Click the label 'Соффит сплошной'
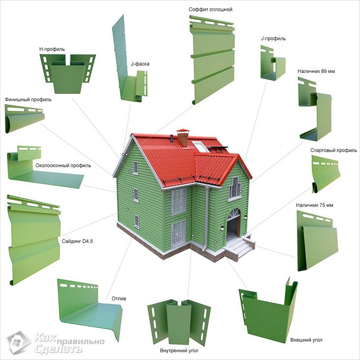[x=210, y=9]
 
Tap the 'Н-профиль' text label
[x=52, y=49]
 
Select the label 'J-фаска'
[x=140, y=64]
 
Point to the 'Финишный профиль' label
[x=28, y=100]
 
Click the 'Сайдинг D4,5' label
[x=77, y=241]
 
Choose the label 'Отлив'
[x=119, y=299]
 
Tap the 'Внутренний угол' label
[x=179, y=351]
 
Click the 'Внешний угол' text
[x=306, y=340]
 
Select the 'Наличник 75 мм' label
[x=315, y=205]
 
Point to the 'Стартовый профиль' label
[x=333, y=150]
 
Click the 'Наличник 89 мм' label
[x=316, y=71]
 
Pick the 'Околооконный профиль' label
[x=63, y=166]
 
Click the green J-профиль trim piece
[x=273, y=63]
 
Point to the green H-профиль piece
[x=68, y=74]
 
